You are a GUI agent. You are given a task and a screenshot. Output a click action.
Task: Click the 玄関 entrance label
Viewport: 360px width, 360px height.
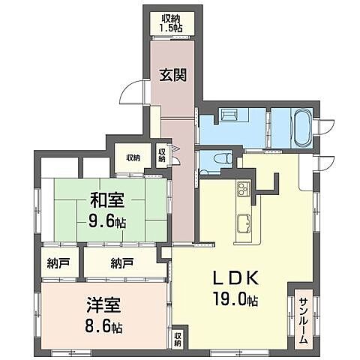point(173,75)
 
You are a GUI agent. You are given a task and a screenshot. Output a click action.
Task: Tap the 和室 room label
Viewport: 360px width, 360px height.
point(107,200)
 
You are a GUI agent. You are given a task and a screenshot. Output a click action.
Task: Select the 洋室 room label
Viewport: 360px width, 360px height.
point(103,305)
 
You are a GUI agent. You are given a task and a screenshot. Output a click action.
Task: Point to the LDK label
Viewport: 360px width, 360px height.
point(235,278)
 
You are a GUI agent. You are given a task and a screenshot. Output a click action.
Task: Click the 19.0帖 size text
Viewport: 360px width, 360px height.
point(235,299)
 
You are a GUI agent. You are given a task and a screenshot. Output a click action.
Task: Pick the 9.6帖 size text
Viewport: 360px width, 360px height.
point(107,221)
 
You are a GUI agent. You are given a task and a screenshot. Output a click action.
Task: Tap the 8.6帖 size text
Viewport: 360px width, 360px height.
point(103,326)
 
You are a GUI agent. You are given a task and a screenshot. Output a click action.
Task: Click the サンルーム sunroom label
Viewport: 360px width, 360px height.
point(303,320)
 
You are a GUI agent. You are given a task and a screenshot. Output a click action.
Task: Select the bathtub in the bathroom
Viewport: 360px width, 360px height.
point(302,128)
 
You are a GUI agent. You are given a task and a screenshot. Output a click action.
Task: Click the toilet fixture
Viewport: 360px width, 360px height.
point(223,159)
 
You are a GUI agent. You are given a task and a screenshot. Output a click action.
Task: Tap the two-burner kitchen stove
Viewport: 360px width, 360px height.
point(244,189)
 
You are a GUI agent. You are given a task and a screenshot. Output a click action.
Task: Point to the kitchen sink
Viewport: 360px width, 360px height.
point(244,223)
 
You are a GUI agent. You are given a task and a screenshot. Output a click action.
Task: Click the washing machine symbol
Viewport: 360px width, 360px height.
point(229,115)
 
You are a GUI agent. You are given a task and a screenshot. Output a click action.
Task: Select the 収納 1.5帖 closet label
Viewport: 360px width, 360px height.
point(172,23)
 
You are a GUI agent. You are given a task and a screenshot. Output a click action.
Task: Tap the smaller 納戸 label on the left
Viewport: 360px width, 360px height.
point(58,263)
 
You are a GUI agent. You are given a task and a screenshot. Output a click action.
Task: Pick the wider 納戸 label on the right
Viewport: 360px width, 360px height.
point(122,263)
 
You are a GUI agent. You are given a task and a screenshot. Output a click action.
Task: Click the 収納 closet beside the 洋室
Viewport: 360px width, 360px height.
point(178,339)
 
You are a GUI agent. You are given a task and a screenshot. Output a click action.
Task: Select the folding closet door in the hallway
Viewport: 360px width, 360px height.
point(175,155)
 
